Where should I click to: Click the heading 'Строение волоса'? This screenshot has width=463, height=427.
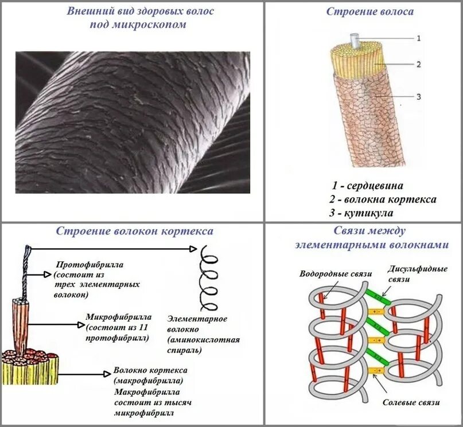point(369,11)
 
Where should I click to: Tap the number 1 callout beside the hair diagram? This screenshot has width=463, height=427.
point(418,38)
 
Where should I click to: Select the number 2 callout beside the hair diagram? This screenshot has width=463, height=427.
point(418,65)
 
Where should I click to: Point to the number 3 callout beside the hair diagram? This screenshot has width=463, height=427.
point(418,96)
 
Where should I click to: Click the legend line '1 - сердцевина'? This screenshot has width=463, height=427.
point(367,186)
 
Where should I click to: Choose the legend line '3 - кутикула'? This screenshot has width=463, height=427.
point(361,213)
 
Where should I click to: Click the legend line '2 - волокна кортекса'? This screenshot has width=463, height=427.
point(383,199)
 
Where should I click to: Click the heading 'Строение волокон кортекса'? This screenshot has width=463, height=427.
point(134,231)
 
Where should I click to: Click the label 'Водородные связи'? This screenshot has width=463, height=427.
point(328,273)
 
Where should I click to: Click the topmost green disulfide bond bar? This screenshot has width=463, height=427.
point(378,295)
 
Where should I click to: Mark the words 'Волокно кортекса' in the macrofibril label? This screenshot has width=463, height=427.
point(150,370)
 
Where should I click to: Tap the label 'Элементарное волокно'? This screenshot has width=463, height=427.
point(197,324)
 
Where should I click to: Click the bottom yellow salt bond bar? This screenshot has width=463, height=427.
point(378,371)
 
